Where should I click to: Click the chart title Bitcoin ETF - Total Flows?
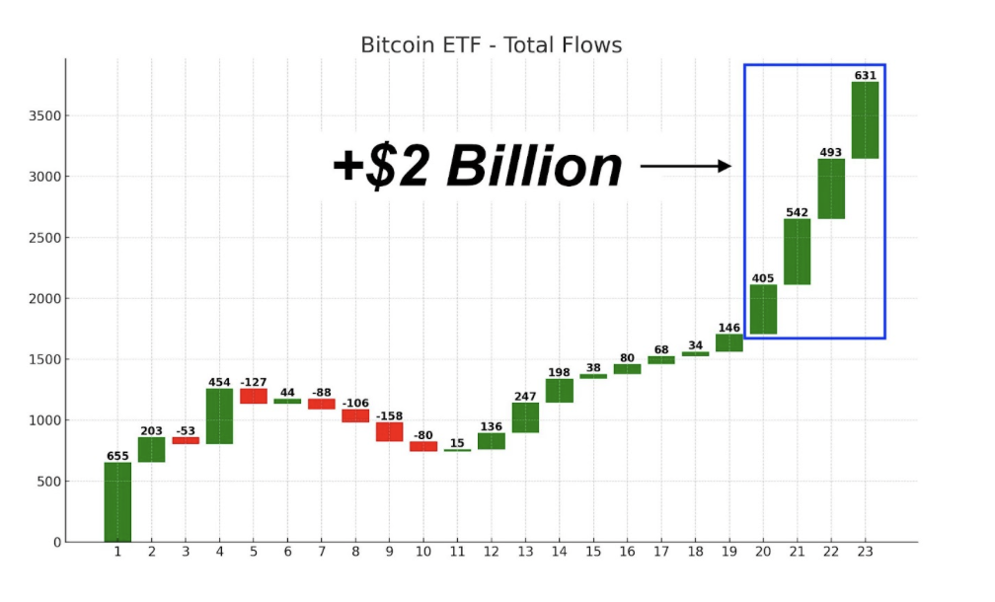pyautogui.click(x=491, y=45)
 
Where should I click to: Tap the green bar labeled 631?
pyautogui.click(x=865, y=119)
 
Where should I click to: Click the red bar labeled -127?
pyautogui.click(x=253, y=396)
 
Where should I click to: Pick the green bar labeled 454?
pyautogui.click(x=219, y=415)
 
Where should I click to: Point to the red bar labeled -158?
pyautogui.click(x=389, y=431)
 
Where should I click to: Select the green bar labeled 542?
pyautogui.click(x=797, y=252)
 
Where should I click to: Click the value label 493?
pyautogui.click(x=831, y=153)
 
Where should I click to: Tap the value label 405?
pyautogui.click(x=763, y=278)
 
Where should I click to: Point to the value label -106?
pyautogui.click(x=355, y=403)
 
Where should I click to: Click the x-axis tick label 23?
pyautogui.click(x=865, y=552)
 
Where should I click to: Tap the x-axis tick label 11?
pyautogui.click(x=457, y=552)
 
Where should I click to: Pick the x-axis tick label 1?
pyautogui.click(x=117, y=552)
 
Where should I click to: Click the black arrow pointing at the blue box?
pyautogui.click(x=685, y=166)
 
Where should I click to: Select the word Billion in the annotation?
pyautogui.click(x=534, y=167)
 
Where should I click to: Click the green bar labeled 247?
pyautogui.click(x=525, y=417)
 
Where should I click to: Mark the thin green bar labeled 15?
pyautogui.click(x=457, y=450)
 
